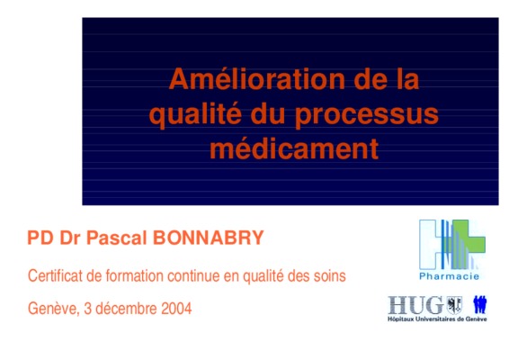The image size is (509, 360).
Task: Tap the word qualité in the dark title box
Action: (x=196, y=114)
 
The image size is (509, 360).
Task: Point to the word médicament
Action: (x=294, y=148)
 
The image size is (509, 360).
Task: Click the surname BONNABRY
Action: (x=208, y=238)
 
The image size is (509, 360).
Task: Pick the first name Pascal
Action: (x=116, y=238)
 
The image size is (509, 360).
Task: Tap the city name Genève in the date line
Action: (x=53, y=309)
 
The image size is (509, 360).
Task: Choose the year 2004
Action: (x=176, y=309)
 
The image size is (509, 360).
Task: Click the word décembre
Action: (x=127, y=309)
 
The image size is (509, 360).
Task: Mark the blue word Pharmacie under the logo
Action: (x=450, y=276)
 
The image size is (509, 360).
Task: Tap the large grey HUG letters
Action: (x=415, y=305)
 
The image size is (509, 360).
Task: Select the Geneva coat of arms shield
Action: (x=454, y=305)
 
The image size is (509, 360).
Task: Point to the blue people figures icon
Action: (x=480, y=304)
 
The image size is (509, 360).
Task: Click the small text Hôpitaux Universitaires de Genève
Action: (x=437, y=319)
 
